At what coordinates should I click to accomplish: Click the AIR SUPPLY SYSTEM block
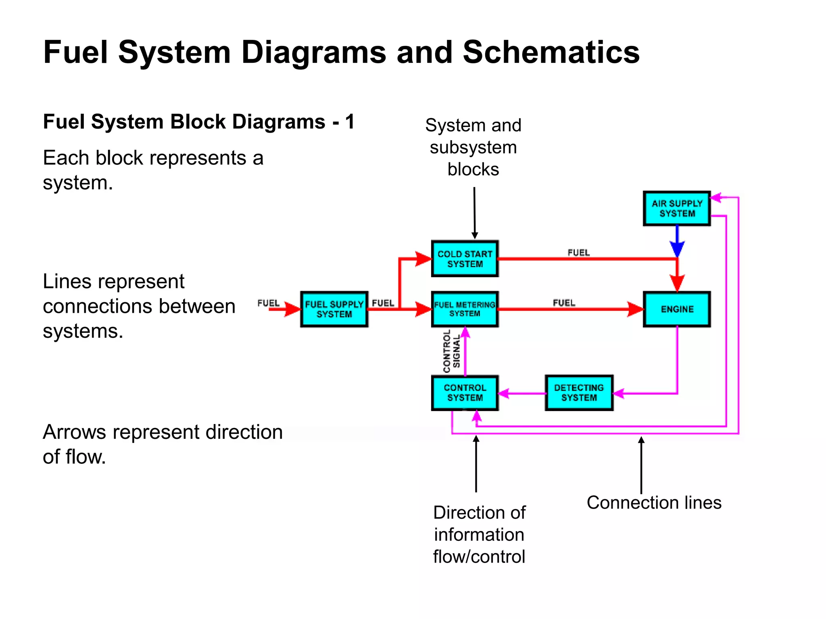click(677, 208)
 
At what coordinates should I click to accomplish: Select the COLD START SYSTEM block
click(465, 259)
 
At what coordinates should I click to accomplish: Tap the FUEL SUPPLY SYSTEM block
click(334, 309)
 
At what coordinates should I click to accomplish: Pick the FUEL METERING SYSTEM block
click(465, 309)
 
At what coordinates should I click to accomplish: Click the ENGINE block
click(677, 309)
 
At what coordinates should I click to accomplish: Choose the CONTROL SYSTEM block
click(465, 393)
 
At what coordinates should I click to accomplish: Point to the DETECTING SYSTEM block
click(579, 393)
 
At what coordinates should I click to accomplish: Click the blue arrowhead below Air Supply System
click(677, 248)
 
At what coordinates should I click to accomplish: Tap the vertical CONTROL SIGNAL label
click(451, 351)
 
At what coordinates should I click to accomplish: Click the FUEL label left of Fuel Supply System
click(268, 303)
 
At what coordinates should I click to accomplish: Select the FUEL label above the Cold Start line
click(578, 253)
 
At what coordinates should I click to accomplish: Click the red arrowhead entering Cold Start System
click(423, 259)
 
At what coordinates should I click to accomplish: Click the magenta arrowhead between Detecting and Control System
click(504, 393)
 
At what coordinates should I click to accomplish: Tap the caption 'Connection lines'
click(654, 503)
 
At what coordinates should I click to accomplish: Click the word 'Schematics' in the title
click(551, 52)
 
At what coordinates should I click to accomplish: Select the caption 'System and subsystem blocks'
click(473, 147)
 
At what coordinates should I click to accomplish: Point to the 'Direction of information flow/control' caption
click(479, 534)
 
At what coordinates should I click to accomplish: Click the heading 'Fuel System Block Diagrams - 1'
click(198, 122)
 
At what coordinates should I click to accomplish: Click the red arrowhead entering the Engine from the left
click(635, 309)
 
